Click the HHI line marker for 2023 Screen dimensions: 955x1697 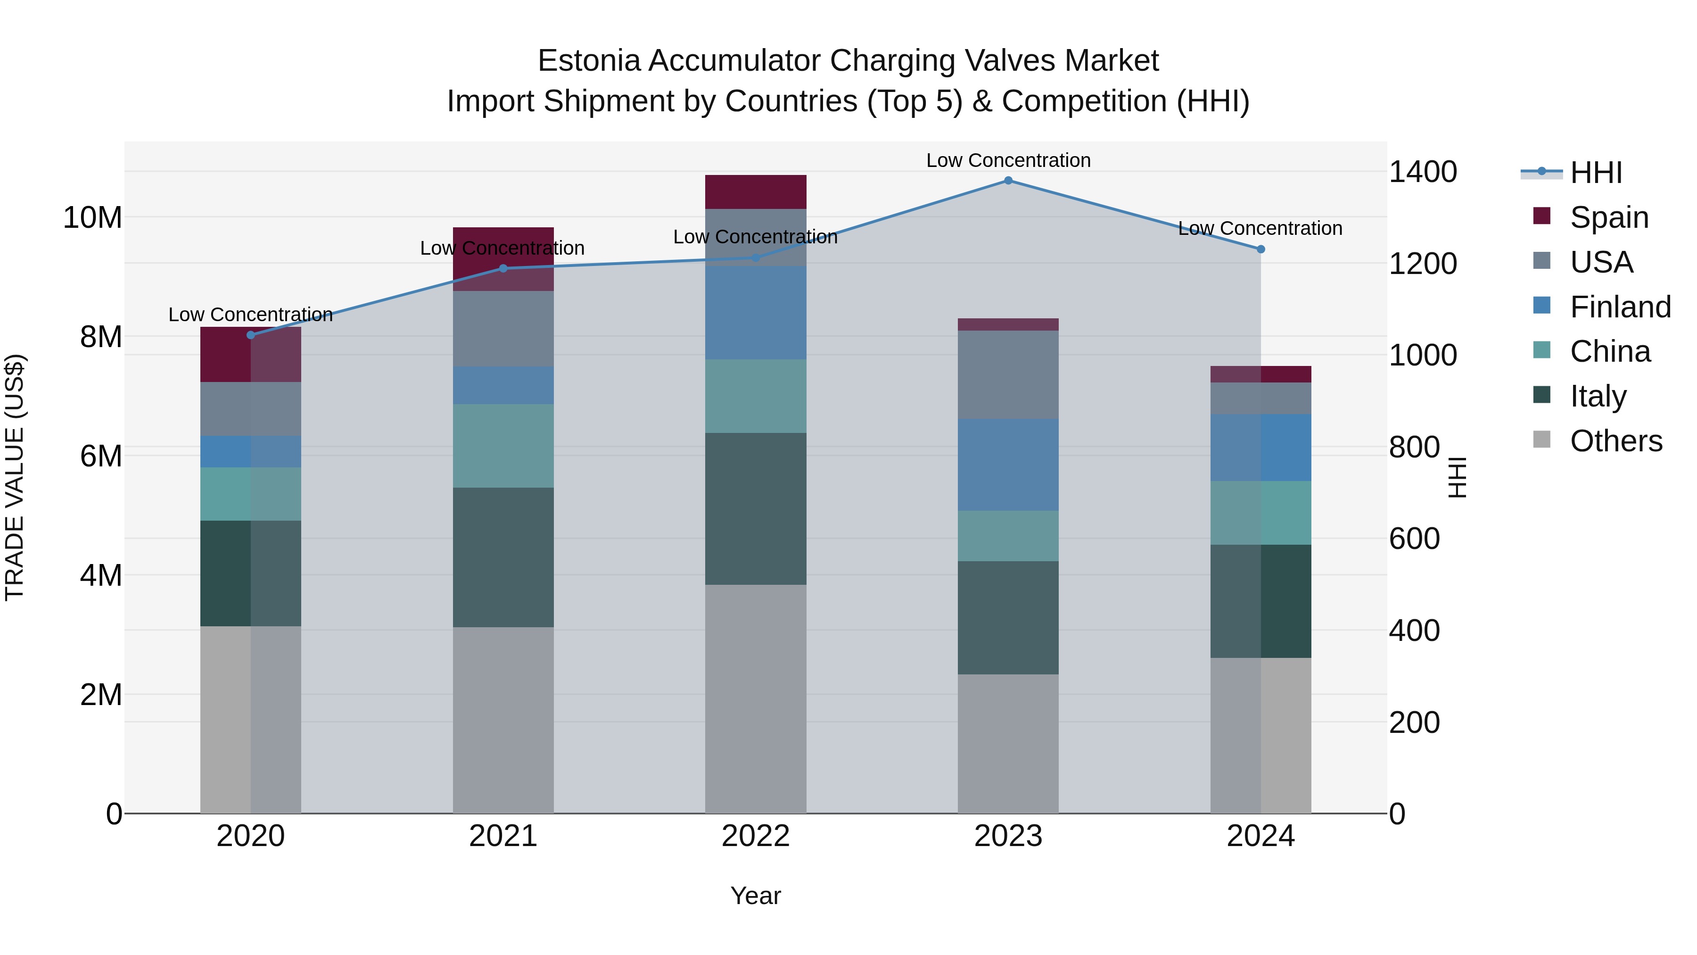coord(1008,181)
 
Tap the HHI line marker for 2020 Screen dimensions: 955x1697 coord(251,335)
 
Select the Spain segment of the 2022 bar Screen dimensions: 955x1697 coord(756,192)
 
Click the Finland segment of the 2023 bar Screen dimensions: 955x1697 coord(1008,465)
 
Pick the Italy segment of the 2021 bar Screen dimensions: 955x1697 coord(503,557)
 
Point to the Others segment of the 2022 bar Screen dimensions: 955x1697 coord(756,698)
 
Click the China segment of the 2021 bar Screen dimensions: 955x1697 coord(503,446)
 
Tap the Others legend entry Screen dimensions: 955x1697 coord(1615,441)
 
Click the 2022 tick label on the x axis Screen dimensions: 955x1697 coord(756,836)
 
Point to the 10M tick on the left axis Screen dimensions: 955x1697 coord(92,217)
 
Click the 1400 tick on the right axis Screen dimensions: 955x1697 coord(1423,172)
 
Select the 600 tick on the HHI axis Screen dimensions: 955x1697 coord(1414,539)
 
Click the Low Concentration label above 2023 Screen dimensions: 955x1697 coord(1008,160)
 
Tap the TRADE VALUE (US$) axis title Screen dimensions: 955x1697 coord(15,477)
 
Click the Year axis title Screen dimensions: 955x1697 coord(756,896)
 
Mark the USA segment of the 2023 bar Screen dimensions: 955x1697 coord(1008,374)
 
